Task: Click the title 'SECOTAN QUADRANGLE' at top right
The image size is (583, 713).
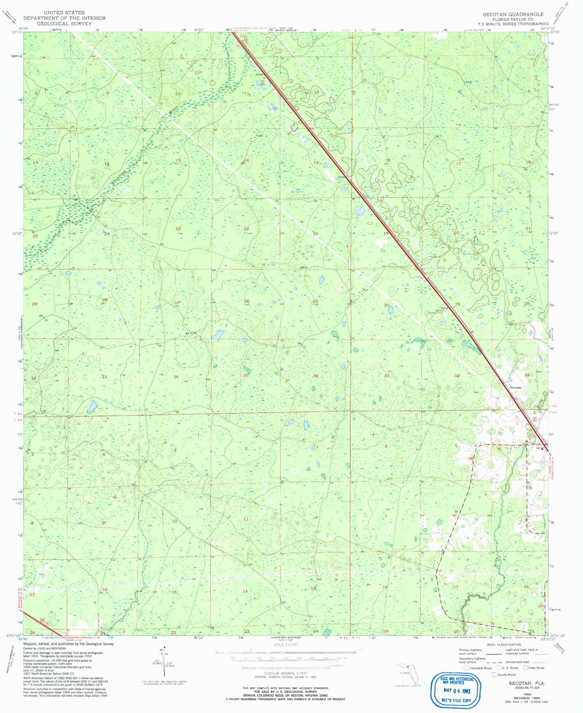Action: pos(513,14)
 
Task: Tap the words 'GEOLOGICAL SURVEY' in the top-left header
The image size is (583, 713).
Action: pos(64,23)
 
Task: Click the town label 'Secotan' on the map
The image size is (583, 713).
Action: pos(515,388)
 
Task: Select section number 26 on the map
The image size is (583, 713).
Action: pos(247,301)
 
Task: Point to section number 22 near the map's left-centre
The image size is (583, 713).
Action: pos(178,229)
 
